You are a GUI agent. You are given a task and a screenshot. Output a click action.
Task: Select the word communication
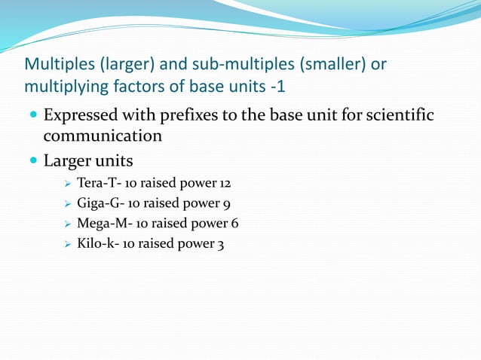point(103,136)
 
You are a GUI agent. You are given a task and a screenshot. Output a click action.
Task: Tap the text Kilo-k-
point(100,243)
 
